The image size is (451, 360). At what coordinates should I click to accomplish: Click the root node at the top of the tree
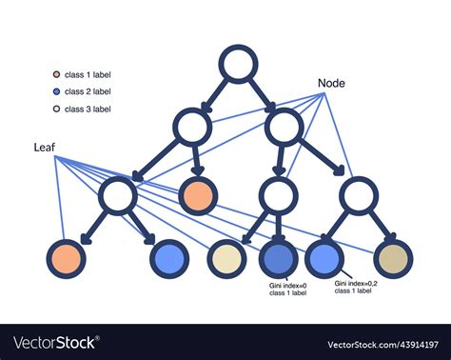[238, 65]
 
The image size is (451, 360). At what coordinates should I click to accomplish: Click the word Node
[331, 84]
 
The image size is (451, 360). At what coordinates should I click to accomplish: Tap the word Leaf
[44, 148]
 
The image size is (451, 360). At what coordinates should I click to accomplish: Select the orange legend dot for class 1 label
[57, 73]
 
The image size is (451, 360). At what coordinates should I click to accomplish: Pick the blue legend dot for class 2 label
[57, 91]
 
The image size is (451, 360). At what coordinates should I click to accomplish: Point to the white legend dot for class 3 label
[57, 110]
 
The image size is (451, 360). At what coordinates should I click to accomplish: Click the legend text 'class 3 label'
[88, 110]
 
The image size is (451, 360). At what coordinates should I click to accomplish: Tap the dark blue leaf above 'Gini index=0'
[279, 258]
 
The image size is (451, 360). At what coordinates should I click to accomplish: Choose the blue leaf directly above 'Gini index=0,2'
[324, 258]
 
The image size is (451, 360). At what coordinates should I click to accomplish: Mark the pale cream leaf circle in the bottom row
[226, 258]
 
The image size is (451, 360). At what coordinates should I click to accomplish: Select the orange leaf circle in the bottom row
[67, 258]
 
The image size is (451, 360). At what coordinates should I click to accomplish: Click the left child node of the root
[193, 128]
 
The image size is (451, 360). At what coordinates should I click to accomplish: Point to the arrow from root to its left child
[215, 95]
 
